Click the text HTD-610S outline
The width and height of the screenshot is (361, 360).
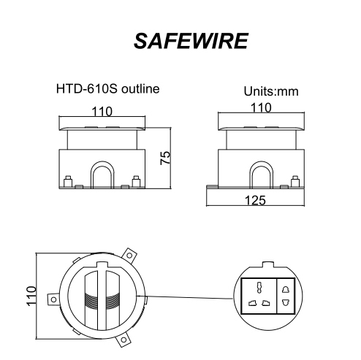[107, 89]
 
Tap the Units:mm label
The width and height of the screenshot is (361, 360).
[271, 92]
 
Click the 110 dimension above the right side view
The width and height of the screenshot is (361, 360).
[262, 108]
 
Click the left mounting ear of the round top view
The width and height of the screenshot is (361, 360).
[53, 299]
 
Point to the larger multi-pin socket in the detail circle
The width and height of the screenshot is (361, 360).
[259, 296]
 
